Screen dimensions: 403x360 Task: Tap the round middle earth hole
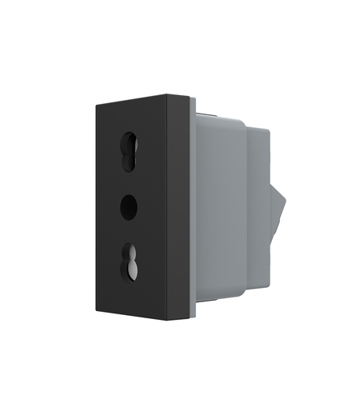coord(128,206)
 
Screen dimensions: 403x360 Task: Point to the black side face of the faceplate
coord(178,208)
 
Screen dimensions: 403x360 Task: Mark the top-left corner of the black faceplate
coord(95,103)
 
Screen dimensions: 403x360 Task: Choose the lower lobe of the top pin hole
coord(128,159)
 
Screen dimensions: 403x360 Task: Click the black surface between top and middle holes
coord(128,180)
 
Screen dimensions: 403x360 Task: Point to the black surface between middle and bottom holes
coord(128,232)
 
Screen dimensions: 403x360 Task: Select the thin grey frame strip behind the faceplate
coord(192,208)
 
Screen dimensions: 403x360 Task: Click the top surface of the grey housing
coord(220,114)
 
